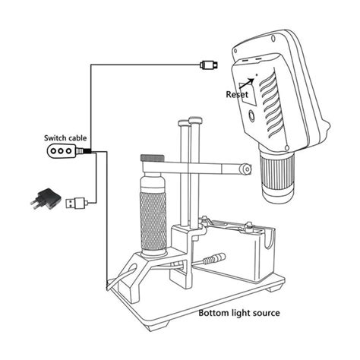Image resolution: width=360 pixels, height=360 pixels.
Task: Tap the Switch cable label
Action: tap(65, 137)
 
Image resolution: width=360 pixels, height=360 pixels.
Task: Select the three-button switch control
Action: tap(61, 151)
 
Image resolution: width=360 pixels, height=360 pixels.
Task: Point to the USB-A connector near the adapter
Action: tap(75, 203)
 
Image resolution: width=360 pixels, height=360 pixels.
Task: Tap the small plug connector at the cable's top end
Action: tap(210, 65)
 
